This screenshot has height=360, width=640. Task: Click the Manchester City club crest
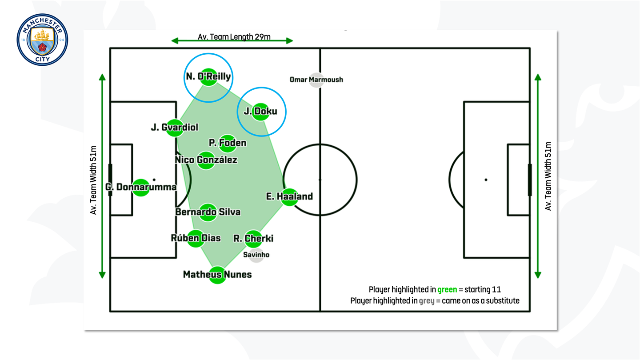(42, 40)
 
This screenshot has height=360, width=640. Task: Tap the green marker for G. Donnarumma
(141, 188)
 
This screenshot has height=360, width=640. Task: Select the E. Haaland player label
(289, 196)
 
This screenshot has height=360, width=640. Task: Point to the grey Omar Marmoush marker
(316, 80)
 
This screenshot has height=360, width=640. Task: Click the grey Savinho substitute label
(256, 255)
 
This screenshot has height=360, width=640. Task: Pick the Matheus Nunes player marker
(217, 275)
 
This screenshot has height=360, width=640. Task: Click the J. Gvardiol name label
(175, 128)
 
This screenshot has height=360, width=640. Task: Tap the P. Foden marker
(227, 143)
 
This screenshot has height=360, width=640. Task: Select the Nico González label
(206, 160)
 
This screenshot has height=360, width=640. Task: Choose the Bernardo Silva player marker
(208, 212)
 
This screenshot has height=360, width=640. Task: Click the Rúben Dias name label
(196, 238)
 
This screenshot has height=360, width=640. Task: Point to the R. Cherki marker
(253, 239)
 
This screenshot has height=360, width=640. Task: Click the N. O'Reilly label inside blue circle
(208, 77)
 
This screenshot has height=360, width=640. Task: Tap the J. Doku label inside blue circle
(260, 112)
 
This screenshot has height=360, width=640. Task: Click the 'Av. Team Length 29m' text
(234, 36)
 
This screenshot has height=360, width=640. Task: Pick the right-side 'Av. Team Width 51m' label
(548, 176)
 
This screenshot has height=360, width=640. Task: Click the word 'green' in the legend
(447, 290)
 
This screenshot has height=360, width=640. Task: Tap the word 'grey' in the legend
(427, 301)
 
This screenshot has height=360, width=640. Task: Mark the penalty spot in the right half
(486, 180)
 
